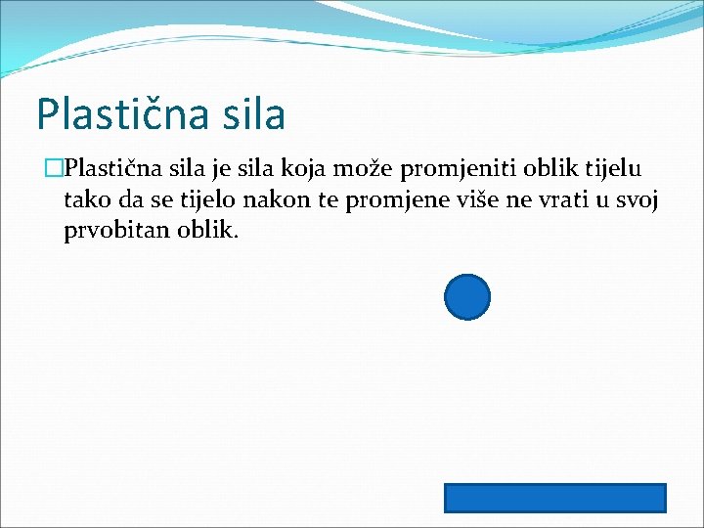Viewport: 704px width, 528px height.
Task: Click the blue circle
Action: click(x=467, y=297)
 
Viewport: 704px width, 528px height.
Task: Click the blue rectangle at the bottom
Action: click(x=555, y=498)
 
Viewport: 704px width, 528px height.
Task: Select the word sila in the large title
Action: click(x=252, y=114)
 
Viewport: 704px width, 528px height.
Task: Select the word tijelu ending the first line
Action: click(x=614, y=169)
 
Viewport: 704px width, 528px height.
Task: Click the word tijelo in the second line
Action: click(x=208, y=201)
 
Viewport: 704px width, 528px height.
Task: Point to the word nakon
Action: click(x=271, y=201)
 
